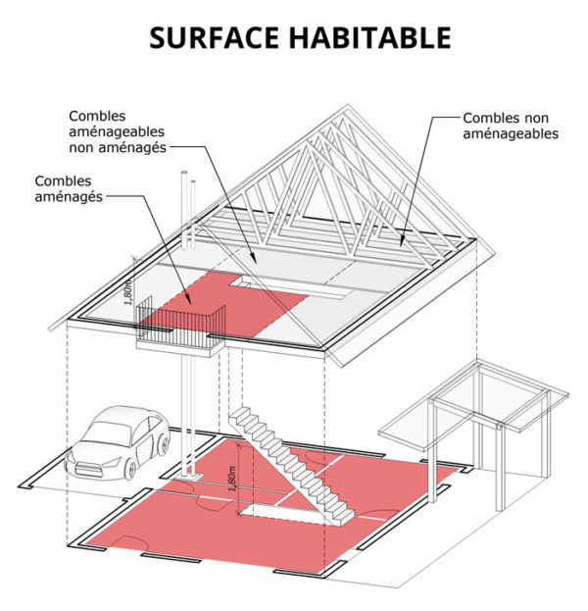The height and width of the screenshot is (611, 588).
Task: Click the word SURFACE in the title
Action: tap(215, 37)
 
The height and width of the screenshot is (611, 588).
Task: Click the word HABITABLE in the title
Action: tap(369, 37)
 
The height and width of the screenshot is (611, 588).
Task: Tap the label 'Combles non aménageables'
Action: tap(511, 126)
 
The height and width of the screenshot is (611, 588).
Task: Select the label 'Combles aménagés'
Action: tap(69, 189)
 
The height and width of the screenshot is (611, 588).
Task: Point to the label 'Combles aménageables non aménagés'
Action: tap(117, 131)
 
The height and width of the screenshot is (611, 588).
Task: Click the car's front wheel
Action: tap(130, 470)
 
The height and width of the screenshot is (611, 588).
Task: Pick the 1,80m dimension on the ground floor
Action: tap(233, 479)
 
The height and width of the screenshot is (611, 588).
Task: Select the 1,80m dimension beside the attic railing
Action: tap(129, 290)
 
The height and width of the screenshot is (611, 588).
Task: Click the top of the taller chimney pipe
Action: tap(184, 173)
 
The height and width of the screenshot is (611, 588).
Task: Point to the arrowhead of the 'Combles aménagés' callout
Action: tap(190, 302)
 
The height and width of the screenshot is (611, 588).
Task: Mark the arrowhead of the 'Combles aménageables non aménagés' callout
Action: tap(254, 260)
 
